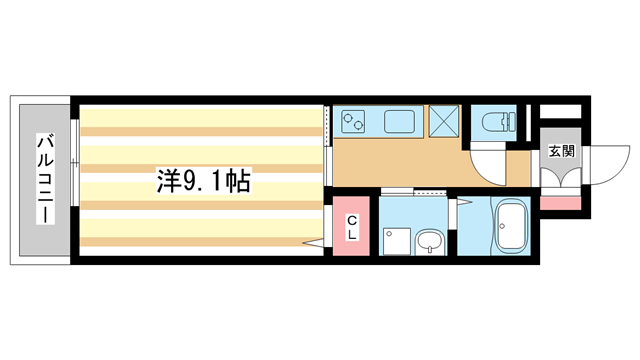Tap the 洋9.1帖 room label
pyautogui.click(x=203, y=181)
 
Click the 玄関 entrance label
pyautogui.click(x=560, y=152)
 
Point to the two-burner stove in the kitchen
pyautogui.click(x=354, y=122)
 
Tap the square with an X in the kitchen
pyautogui.click(x=444, y=122)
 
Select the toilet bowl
pyautogui.click(x=491, y=123)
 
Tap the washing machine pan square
pyautogui.click(x=397, y=238)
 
